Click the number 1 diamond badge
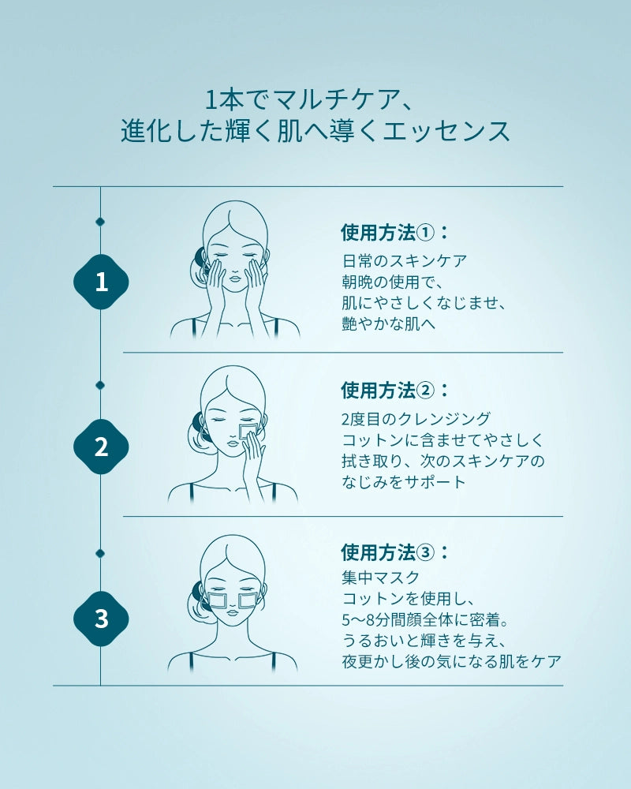coord(101,282)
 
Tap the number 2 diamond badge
coord(101,447)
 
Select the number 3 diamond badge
coord(101,619)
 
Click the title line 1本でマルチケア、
coord(309,99)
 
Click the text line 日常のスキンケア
coord(405,260)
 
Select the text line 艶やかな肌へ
coord(389,323)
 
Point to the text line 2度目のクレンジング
coord(416,419)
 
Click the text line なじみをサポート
coord(404,482)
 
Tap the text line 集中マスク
coord(380,578)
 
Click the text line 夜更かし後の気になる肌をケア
coord(451,661)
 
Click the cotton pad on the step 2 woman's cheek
coord(248,432)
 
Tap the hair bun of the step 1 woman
coord(197,262)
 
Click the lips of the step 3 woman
coord(233,612)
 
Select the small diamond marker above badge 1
coord(100,222)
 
